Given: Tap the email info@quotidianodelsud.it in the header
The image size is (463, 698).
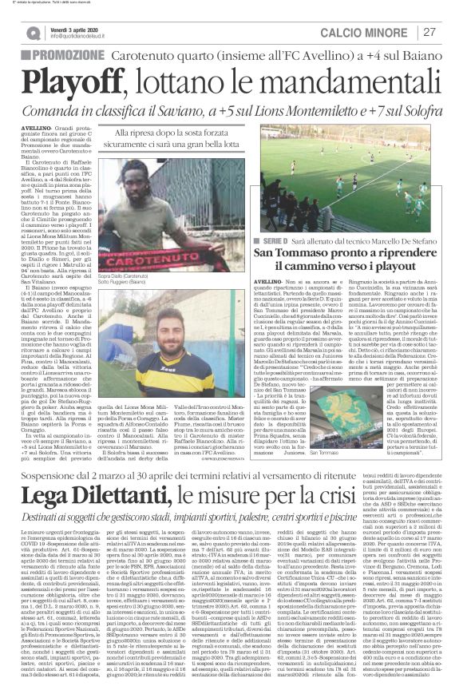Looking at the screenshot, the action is (87, 37).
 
